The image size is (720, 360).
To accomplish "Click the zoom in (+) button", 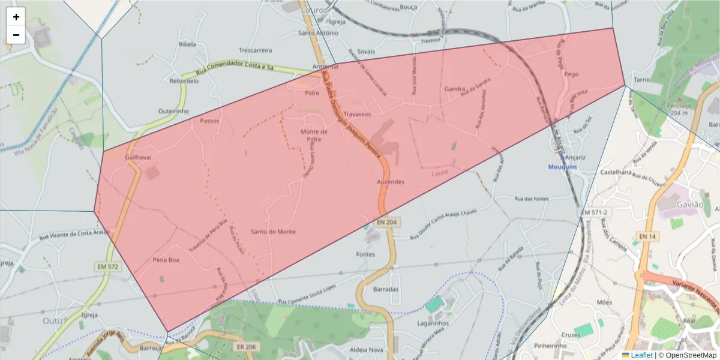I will click(x=16, y=17).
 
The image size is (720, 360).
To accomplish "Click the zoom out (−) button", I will click(x=16, y=35).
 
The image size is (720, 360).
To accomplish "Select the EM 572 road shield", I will click(x=106, y=266).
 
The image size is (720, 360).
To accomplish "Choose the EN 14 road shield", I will click(x=647, y=237).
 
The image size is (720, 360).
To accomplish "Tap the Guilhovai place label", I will click(x=138, y=157).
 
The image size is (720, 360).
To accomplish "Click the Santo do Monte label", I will click(x=273, y=232).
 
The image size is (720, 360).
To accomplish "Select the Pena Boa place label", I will click(x=166, y=260).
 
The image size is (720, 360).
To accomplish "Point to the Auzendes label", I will click(x=391, y=181).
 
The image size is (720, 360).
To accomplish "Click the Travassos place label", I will click(x=358, y=113).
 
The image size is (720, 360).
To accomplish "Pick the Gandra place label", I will click(x=455, y=89).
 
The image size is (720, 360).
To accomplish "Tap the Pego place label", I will click(x=571, y=74).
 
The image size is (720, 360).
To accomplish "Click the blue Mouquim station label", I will click(x=562, y=167).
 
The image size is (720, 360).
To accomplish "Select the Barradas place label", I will click(x=386, y=289).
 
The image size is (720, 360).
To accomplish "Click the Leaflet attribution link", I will click(x=641, y=355).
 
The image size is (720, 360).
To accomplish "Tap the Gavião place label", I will click(x=689, y=205).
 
